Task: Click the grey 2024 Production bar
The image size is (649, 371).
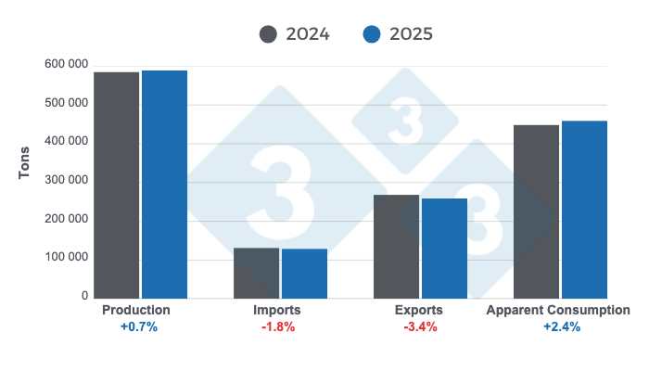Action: tap(116, 185)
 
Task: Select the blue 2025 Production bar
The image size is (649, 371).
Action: tap(164, 185)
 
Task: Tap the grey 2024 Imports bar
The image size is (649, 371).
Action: tap(256, 273)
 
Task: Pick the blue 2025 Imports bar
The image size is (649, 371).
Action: tap(304, 274)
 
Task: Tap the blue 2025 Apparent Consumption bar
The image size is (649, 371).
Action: tap(584, 210)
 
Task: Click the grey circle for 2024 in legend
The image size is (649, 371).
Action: tap(269, 34)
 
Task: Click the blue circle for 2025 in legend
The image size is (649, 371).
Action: tap(372, 34)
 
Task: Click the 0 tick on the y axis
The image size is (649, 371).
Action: tap(83, 297)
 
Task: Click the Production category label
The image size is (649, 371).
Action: tap(135, 310)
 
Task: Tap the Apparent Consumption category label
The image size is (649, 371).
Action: tap(558, 310)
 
